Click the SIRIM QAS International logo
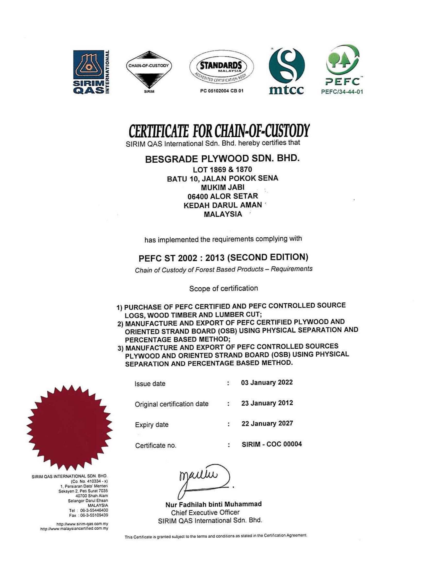(90, 72)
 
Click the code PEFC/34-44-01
(342, 92)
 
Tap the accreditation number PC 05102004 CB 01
(222, 91)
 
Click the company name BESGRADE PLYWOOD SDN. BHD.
(222, 158)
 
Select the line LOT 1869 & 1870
(222, 170)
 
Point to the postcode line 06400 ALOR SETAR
(223, 196)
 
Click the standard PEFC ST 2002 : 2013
(223, 257)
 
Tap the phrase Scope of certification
(223, 288)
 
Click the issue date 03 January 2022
(267, 383)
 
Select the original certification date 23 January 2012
(267, 403)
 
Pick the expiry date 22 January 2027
(267, 424)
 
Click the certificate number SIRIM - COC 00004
(272, 444)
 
